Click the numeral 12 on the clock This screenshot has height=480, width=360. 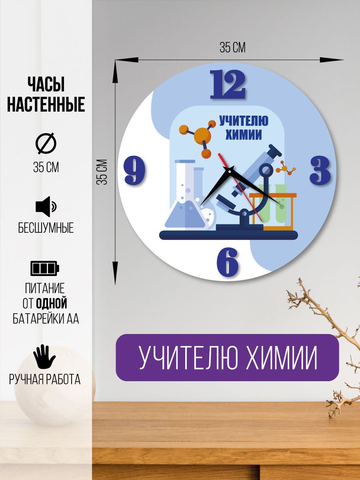pos(228,84)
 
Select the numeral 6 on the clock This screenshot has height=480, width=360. pos(227,262)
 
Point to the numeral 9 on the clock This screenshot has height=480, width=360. pos(135,170)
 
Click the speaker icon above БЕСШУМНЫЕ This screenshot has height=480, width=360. pos(46,206)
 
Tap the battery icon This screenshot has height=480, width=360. pos(45,268)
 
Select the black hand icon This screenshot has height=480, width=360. pos(44,357)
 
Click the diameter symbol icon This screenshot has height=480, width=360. pos(46,144)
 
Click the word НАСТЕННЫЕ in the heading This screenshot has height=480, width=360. pos(46,104)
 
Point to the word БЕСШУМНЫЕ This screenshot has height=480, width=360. pos(46,228)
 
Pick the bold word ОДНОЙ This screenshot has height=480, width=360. pos(52,304)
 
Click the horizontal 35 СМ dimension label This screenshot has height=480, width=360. pos(232,48)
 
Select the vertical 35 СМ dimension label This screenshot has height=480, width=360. pos(102,172)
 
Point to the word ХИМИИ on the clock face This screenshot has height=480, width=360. pos(244,135)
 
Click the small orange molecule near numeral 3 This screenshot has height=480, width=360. pos(286,168)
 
